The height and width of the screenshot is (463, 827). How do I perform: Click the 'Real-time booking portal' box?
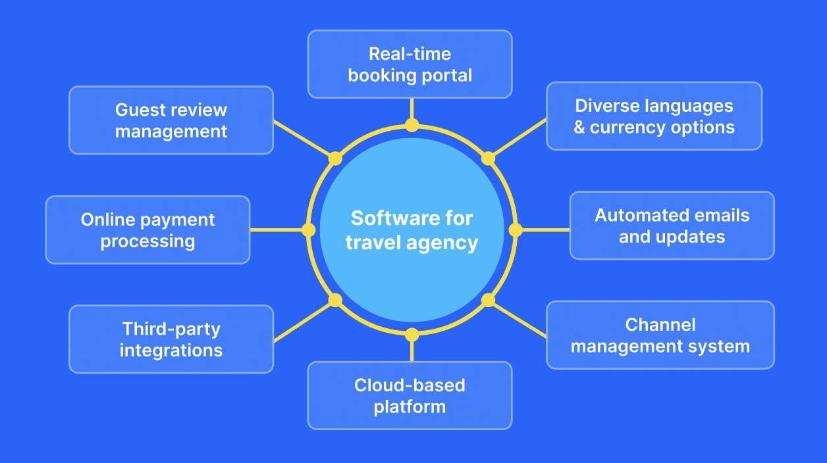tap(410, 64)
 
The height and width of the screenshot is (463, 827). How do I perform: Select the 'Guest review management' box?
tap(171, 120)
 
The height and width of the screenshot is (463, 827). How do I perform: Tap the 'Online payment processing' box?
tap(147, 230)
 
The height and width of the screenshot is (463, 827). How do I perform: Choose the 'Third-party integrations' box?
tap(171, 339)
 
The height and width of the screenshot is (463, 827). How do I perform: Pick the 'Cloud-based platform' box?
tap(410, 395)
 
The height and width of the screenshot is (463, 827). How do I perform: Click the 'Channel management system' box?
tap(660, 335)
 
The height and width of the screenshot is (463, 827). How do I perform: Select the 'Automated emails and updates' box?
tap(672, 226)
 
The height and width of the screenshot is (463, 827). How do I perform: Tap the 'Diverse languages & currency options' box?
tap(654, 116)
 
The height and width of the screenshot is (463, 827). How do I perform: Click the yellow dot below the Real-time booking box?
tap(412, 125)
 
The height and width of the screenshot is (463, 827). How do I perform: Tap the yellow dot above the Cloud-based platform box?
tap(412, 335)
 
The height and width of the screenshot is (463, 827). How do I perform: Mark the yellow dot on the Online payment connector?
tap(308, 230)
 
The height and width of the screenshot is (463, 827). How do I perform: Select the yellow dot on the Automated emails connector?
tap(516, 230)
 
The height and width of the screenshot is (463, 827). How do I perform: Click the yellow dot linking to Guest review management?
tap(335, 158)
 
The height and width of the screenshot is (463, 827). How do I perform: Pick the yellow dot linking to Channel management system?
tap(488, 300)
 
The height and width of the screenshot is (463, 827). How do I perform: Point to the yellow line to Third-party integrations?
tap(302, 322)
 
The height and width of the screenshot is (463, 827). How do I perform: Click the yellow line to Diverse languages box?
tap(519, 137)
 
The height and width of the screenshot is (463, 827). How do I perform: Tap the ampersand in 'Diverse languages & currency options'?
tap(579, 128)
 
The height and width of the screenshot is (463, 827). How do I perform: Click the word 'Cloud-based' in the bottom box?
tap(410, 385)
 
